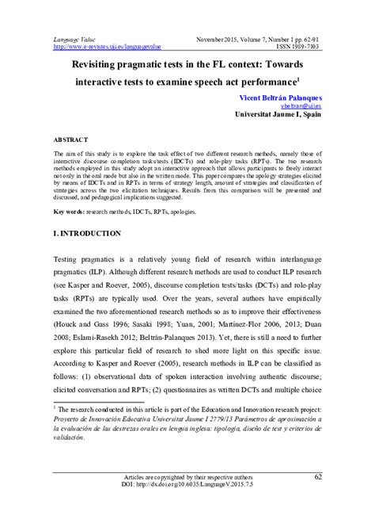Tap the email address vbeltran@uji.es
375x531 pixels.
[x=297, y=104]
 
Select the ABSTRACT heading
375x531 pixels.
[x=72, y=138]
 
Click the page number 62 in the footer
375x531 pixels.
[x=318, y=499]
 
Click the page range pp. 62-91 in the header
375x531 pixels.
[x=304, y=37]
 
